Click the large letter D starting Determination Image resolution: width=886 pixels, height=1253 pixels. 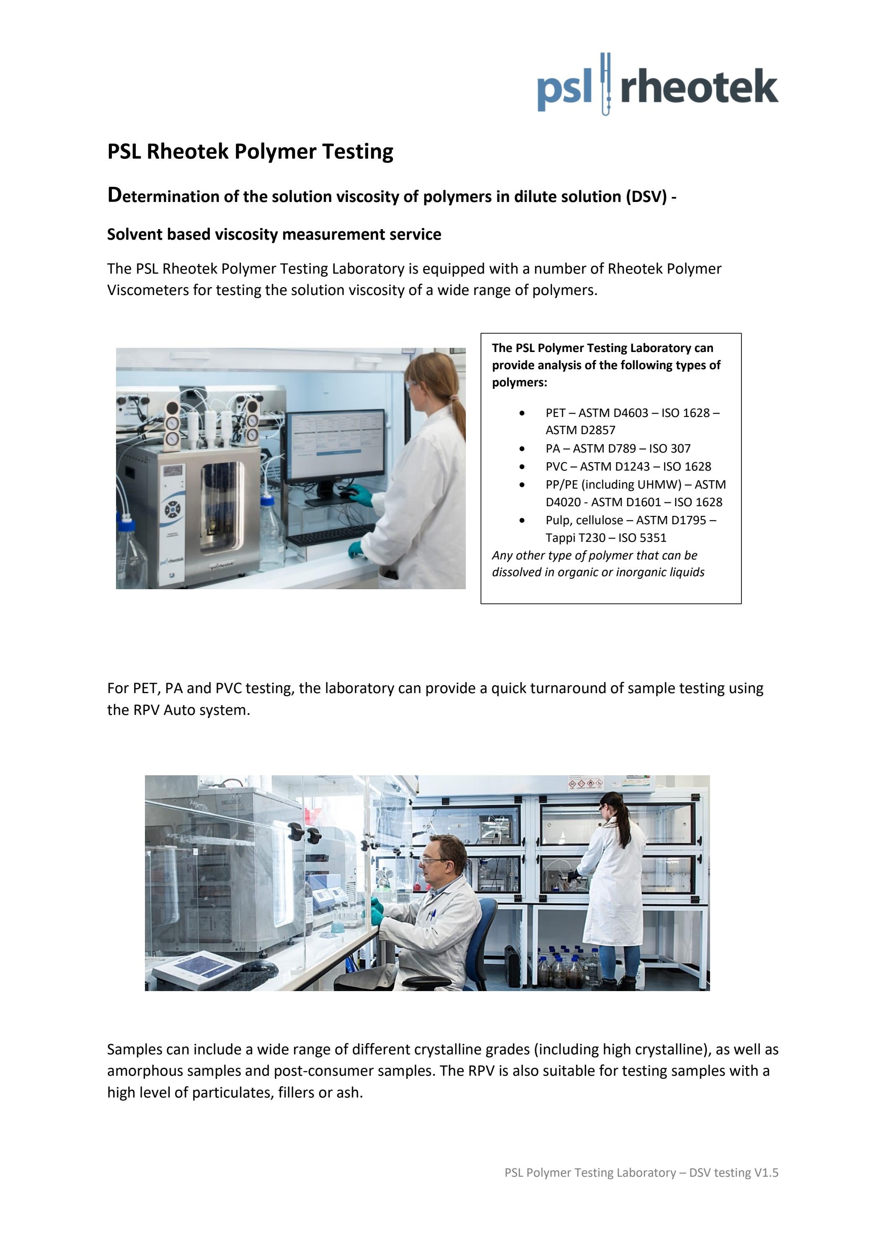(x=114, y=195)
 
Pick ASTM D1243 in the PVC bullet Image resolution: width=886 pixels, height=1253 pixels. (x=615, y=466)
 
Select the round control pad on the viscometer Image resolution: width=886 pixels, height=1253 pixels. (x=173, y=510)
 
